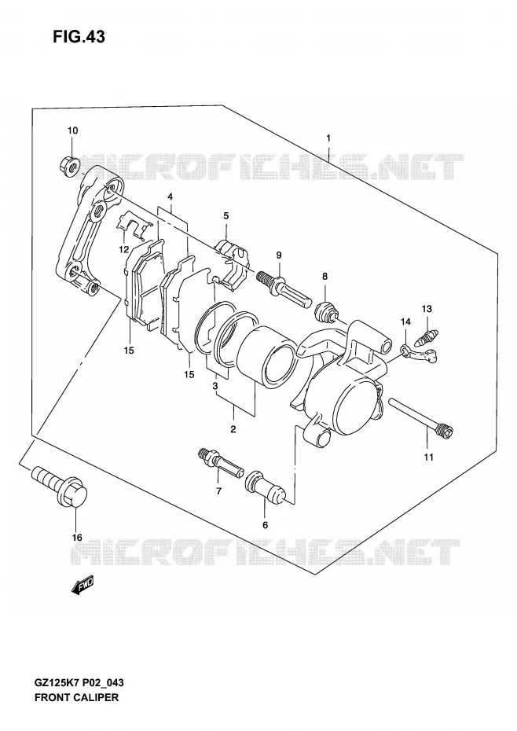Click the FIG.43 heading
pos(79,36)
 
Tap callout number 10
pos(73,130)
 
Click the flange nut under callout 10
pos(70,164)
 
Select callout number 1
pos(328,138)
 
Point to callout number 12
pos(123,249)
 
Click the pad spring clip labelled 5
pos(233,262)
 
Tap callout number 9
pos(279,255)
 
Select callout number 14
pos(405,321)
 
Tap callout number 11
pos(428,457)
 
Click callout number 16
pos(77,538)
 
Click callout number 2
pos(233,429)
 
